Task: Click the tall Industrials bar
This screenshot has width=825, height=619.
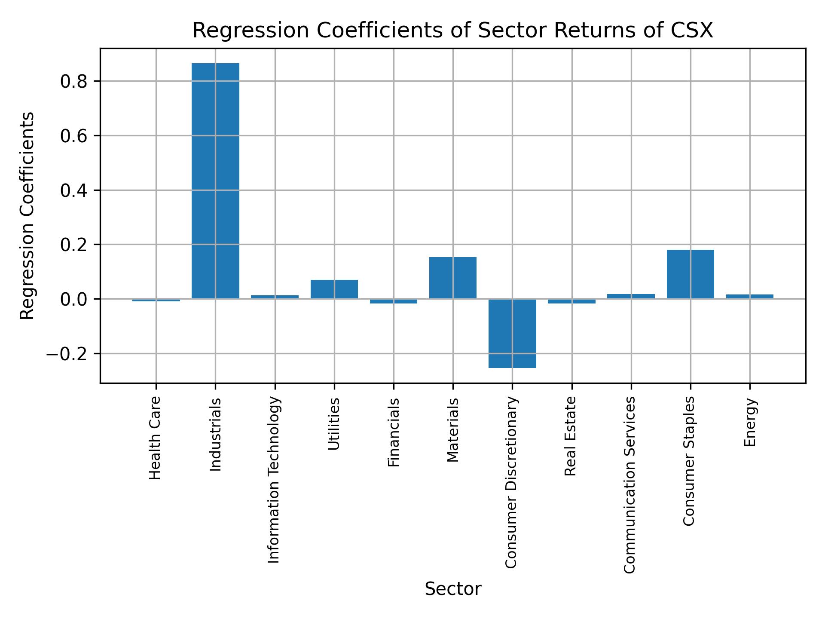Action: coord(215,181)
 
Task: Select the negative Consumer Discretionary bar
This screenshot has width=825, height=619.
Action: coord(512,333)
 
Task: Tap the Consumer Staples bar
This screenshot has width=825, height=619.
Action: coord(690,274)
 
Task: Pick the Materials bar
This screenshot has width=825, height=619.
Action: coord(453,278)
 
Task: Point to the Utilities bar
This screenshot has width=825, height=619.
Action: coord(334,289)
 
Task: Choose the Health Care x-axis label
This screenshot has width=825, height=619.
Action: coord(155,438)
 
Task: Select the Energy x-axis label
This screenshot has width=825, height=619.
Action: coord(750,423)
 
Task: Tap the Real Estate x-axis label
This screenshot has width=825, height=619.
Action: coord(571,436)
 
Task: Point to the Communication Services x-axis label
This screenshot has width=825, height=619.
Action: coord(629,485)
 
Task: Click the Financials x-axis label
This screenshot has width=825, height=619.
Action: coord(394,432)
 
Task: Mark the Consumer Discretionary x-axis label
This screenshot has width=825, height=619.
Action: coord(511,483)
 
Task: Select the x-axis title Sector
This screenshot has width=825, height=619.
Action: coord(453,589)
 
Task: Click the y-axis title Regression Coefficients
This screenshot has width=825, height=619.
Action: coord(27,216)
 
